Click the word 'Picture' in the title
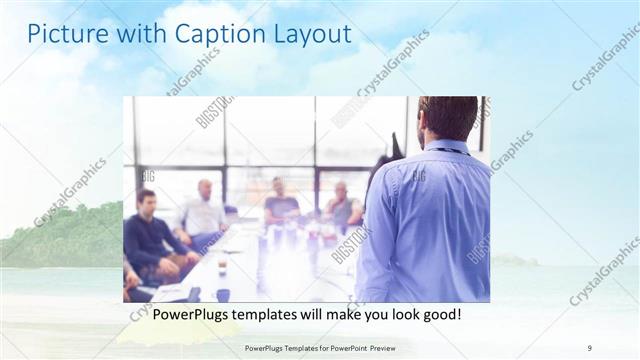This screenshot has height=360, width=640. point(65,34)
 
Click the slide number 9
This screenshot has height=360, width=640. point(589,347)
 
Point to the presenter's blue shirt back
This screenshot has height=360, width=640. point(425,220)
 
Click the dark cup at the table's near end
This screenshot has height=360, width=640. point(222,295)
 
